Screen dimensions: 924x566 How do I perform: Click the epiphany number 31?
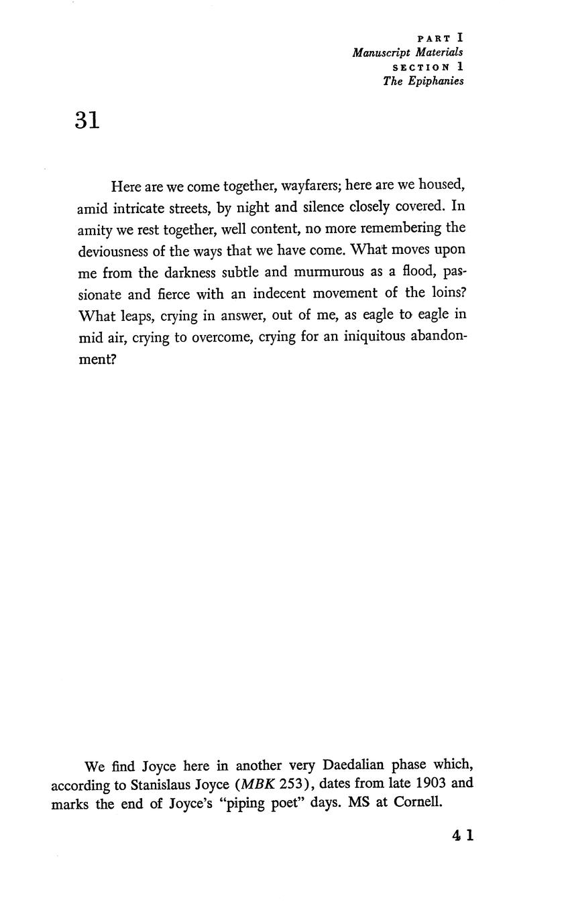click(x=87, y=121)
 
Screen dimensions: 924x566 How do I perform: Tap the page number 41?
click(x=463, y=835)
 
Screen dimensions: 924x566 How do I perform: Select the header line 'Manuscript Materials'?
click(x=407, y=52)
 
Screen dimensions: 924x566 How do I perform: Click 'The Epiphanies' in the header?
click(x=422, y=81)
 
